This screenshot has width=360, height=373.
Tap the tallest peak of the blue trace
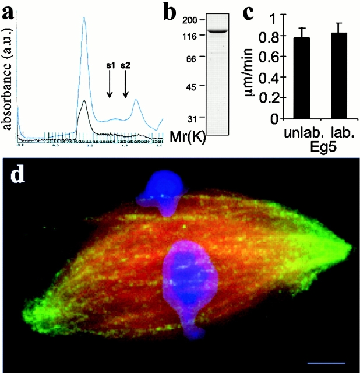(x=84, y=19)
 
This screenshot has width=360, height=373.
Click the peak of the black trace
(x=85, y=101)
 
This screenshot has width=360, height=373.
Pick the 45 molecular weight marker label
(x=189, y=86)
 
